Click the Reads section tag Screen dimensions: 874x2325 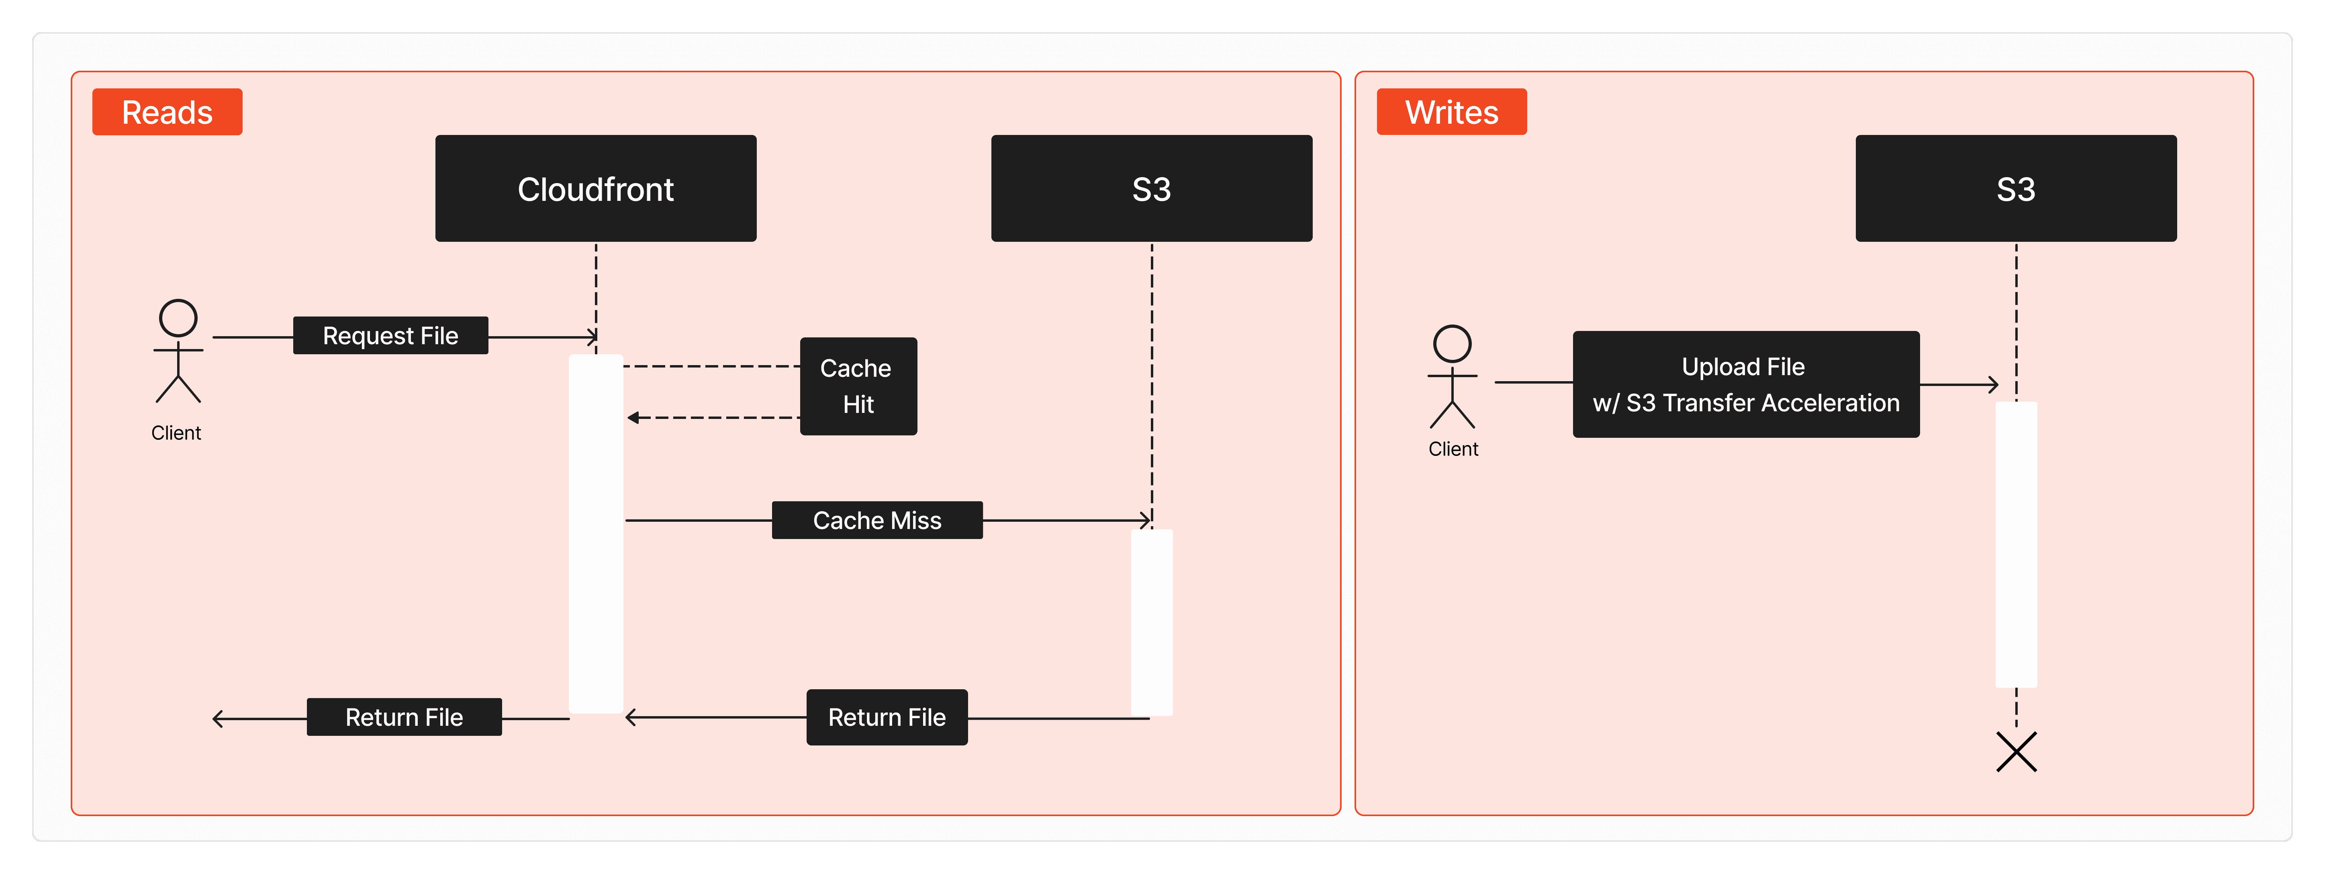(x=167, y=112)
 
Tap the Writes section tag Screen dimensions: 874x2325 (x=1451, y=112)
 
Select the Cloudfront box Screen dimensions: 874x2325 (x=596, y=189)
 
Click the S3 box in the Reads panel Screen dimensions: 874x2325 (x=1152, y=189)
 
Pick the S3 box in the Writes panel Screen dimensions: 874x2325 (x=2015, y=189)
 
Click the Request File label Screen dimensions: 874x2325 (x=390, y=336)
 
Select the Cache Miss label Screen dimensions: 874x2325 (x=876, y=520)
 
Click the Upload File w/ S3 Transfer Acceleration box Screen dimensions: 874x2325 (x=1745, y=385)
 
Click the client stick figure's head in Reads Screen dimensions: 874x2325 (x=178, y=318)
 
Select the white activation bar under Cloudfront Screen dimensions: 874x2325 (x=596, y=533)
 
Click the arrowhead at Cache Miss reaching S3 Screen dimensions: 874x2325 (x=1146, y=520)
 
